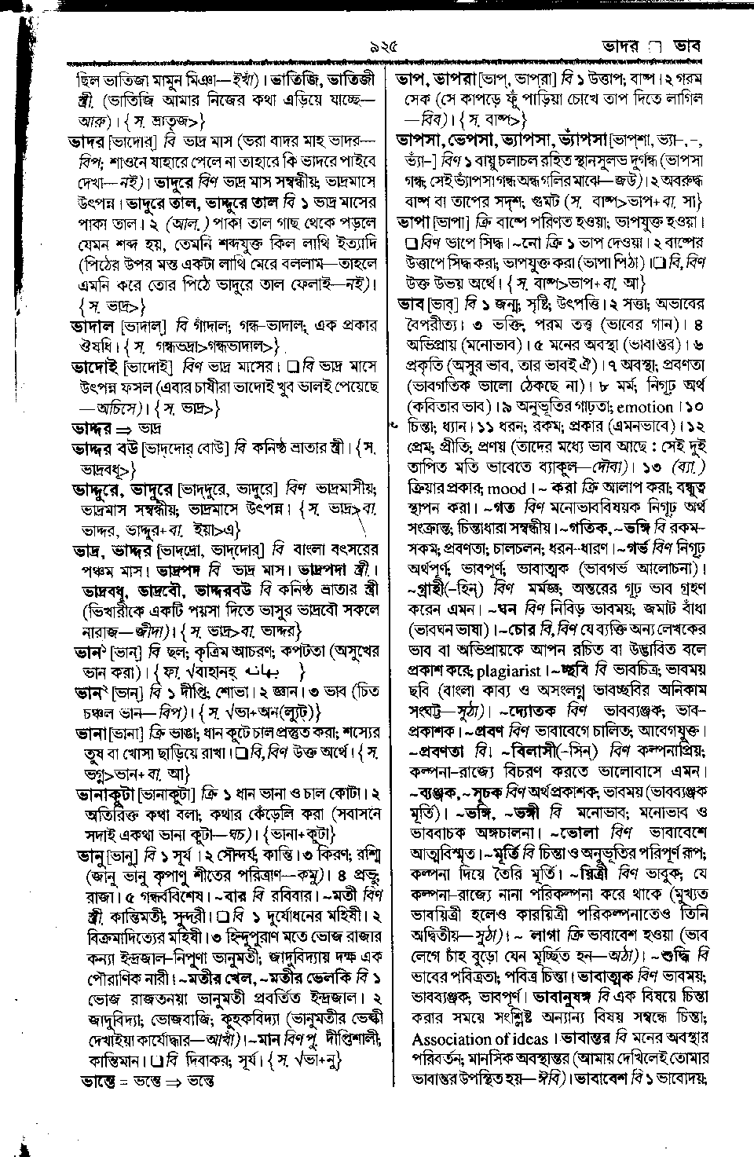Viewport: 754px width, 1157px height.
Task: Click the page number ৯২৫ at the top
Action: [x=376, y=46]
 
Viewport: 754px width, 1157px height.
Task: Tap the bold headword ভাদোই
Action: [x=92, y=367]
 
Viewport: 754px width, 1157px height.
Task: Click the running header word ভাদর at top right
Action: [x=615, y=46]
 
